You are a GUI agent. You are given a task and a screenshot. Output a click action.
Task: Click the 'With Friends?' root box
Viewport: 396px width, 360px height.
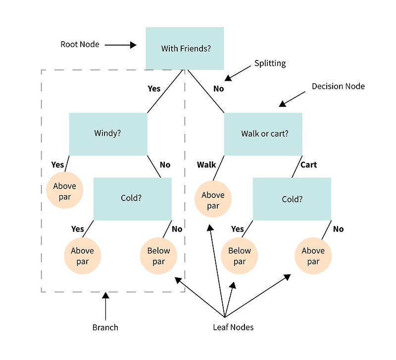185,48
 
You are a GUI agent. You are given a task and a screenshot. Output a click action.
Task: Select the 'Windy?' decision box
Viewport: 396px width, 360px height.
108,134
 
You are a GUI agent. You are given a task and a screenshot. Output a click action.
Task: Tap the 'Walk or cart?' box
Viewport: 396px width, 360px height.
263,134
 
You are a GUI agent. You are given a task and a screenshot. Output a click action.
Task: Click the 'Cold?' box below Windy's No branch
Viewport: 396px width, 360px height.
132,199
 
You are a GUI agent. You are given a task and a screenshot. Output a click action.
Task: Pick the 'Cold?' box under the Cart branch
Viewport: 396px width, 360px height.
292,199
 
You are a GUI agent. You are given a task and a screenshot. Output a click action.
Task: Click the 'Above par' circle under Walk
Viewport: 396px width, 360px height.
213,201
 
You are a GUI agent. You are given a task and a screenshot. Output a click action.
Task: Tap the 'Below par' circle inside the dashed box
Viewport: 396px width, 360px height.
158,256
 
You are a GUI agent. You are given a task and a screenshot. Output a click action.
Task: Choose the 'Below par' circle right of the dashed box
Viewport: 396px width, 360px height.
240,256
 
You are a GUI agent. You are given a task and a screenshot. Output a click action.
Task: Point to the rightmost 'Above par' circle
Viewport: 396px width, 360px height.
313,256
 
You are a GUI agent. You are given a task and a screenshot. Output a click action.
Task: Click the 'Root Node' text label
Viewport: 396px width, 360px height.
80,45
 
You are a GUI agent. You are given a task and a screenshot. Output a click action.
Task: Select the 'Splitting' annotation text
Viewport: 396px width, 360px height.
270,63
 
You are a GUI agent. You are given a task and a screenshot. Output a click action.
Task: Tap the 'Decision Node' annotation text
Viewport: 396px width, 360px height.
338,86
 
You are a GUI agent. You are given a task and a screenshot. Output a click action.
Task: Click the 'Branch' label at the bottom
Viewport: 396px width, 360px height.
105,327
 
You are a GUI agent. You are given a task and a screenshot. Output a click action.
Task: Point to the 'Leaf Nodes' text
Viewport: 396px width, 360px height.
233,327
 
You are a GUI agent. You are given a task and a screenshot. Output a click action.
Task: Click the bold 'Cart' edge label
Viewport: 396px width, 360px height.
308,164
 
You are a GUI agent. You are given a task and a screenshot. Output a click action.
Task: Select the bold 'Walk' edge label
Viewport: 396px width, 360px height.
206,164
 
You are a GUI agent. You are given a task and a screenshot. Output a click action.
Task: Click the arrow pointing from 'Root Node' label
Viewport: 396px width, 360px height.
121,45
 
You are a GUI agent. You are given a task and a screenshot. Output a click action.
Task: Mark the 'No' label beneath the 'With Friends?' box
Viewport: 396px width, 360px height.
218,89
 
